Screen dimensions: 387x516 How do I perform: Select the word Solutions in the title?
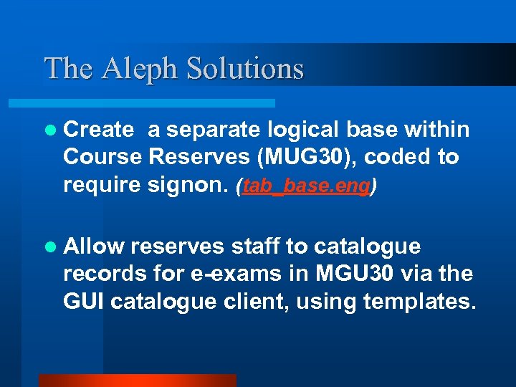coord(245,69)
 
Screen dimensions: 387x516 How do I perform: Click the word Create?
coord(98,130)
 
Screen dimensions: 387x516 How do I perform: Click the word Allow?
coord(94,247)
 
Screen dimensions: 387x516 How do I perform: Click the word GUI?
coord(82,302)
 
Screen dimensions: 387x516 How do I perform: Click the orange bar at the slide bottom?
coord(137,381)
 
